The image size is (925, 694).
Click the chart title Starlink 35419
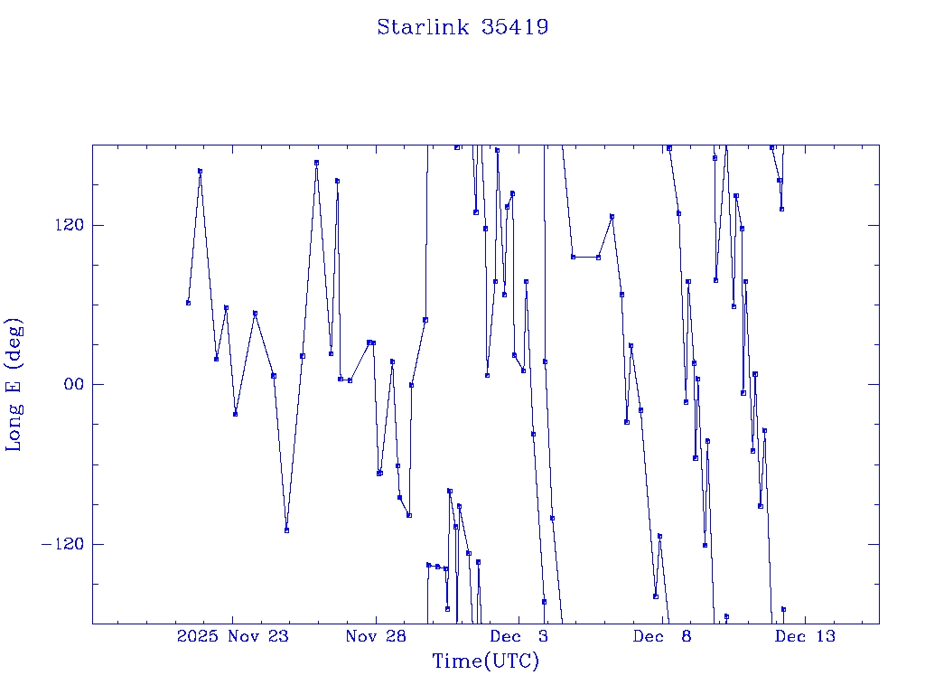pyautogui.click(x=462, y=27)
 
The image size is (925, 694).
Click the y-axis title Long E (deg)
pyautogui.click(x=14, y=384)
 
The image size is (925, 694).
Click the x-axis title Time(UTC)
pyautogui.click(x=485, y=661)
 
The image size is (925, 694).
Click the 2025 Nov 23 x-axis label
pyautogui.click(x=232, y=636)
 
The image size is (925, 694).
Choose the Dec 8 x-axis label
pyautogui.click(x=662, y=636)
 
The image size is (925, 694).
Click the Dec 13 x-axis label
pyautogui.click(x=805, y=636)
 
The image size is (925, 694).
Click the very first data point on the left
pyautogui.click(x=188, y=303)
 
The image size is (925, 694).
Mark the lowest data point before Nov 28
pyautogui.click(x=286, y=530)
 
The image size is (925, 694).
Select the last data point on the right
pyautogui.click(x=783, y=609)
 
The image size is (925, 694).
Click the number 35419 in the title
pyautogui.click(x=515, y=27)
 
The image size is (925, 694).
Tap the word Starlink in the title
pyautogui.click(x=423, y=27)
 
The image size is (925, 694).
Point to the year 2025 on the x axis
pyautogui.click(x=198, y=636)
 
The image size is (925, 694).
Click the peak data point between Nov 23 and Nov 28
pyautogui.click(x=316, y=163)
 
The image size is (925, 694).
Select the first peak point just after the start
pyautogui.click(x=200, y=171)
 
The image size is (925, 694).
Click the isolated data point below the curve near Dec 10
pyautogui.click(x=726, y=616)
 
